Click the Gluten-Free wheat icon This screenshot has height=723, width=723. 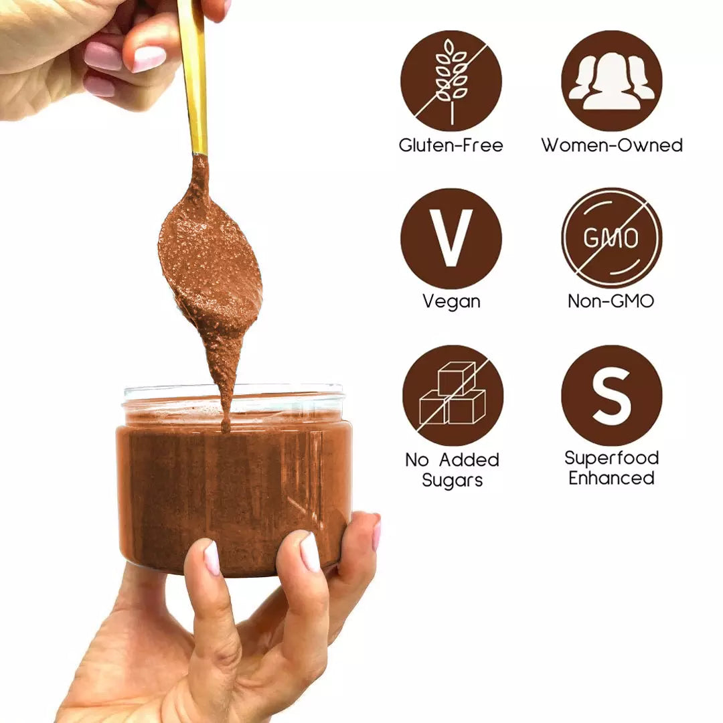pyautogui.click(x=451, y=80)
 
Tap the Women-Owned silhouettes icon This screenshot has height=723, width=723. pyautogui.click(x=611, y=80)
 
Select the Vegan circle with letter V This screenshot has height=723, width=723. pyautogui.click(x=451, y=238)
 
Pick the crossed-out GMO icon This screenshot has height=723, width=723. pyautogui.click(x=611, y=238)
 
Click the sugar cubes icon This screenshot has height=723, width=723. pyautogui.click(x=452, y=395)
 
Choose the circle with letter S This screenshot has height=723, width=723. pyautogui.click(x=611, y=395)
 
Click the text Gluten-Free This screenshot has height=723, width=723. pyautogui.click(x=451, y=145)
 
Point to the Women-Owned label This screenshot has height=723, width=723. pyautogui.click(x=611, y=145)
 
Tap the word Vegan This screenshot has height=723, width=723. pyautogui.click(x=451, y=301)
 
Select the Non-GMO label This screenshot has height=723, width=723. pyautogui.click(x=611, y=301)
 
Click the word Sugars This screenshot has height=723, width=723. pyautogui.click(x=452, y=480)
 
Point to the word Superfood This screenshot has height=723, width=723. pyautogui.click(x=611, y=458)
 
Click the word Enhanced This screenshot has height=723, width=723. pyautogui.click(x=611, y=478)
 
